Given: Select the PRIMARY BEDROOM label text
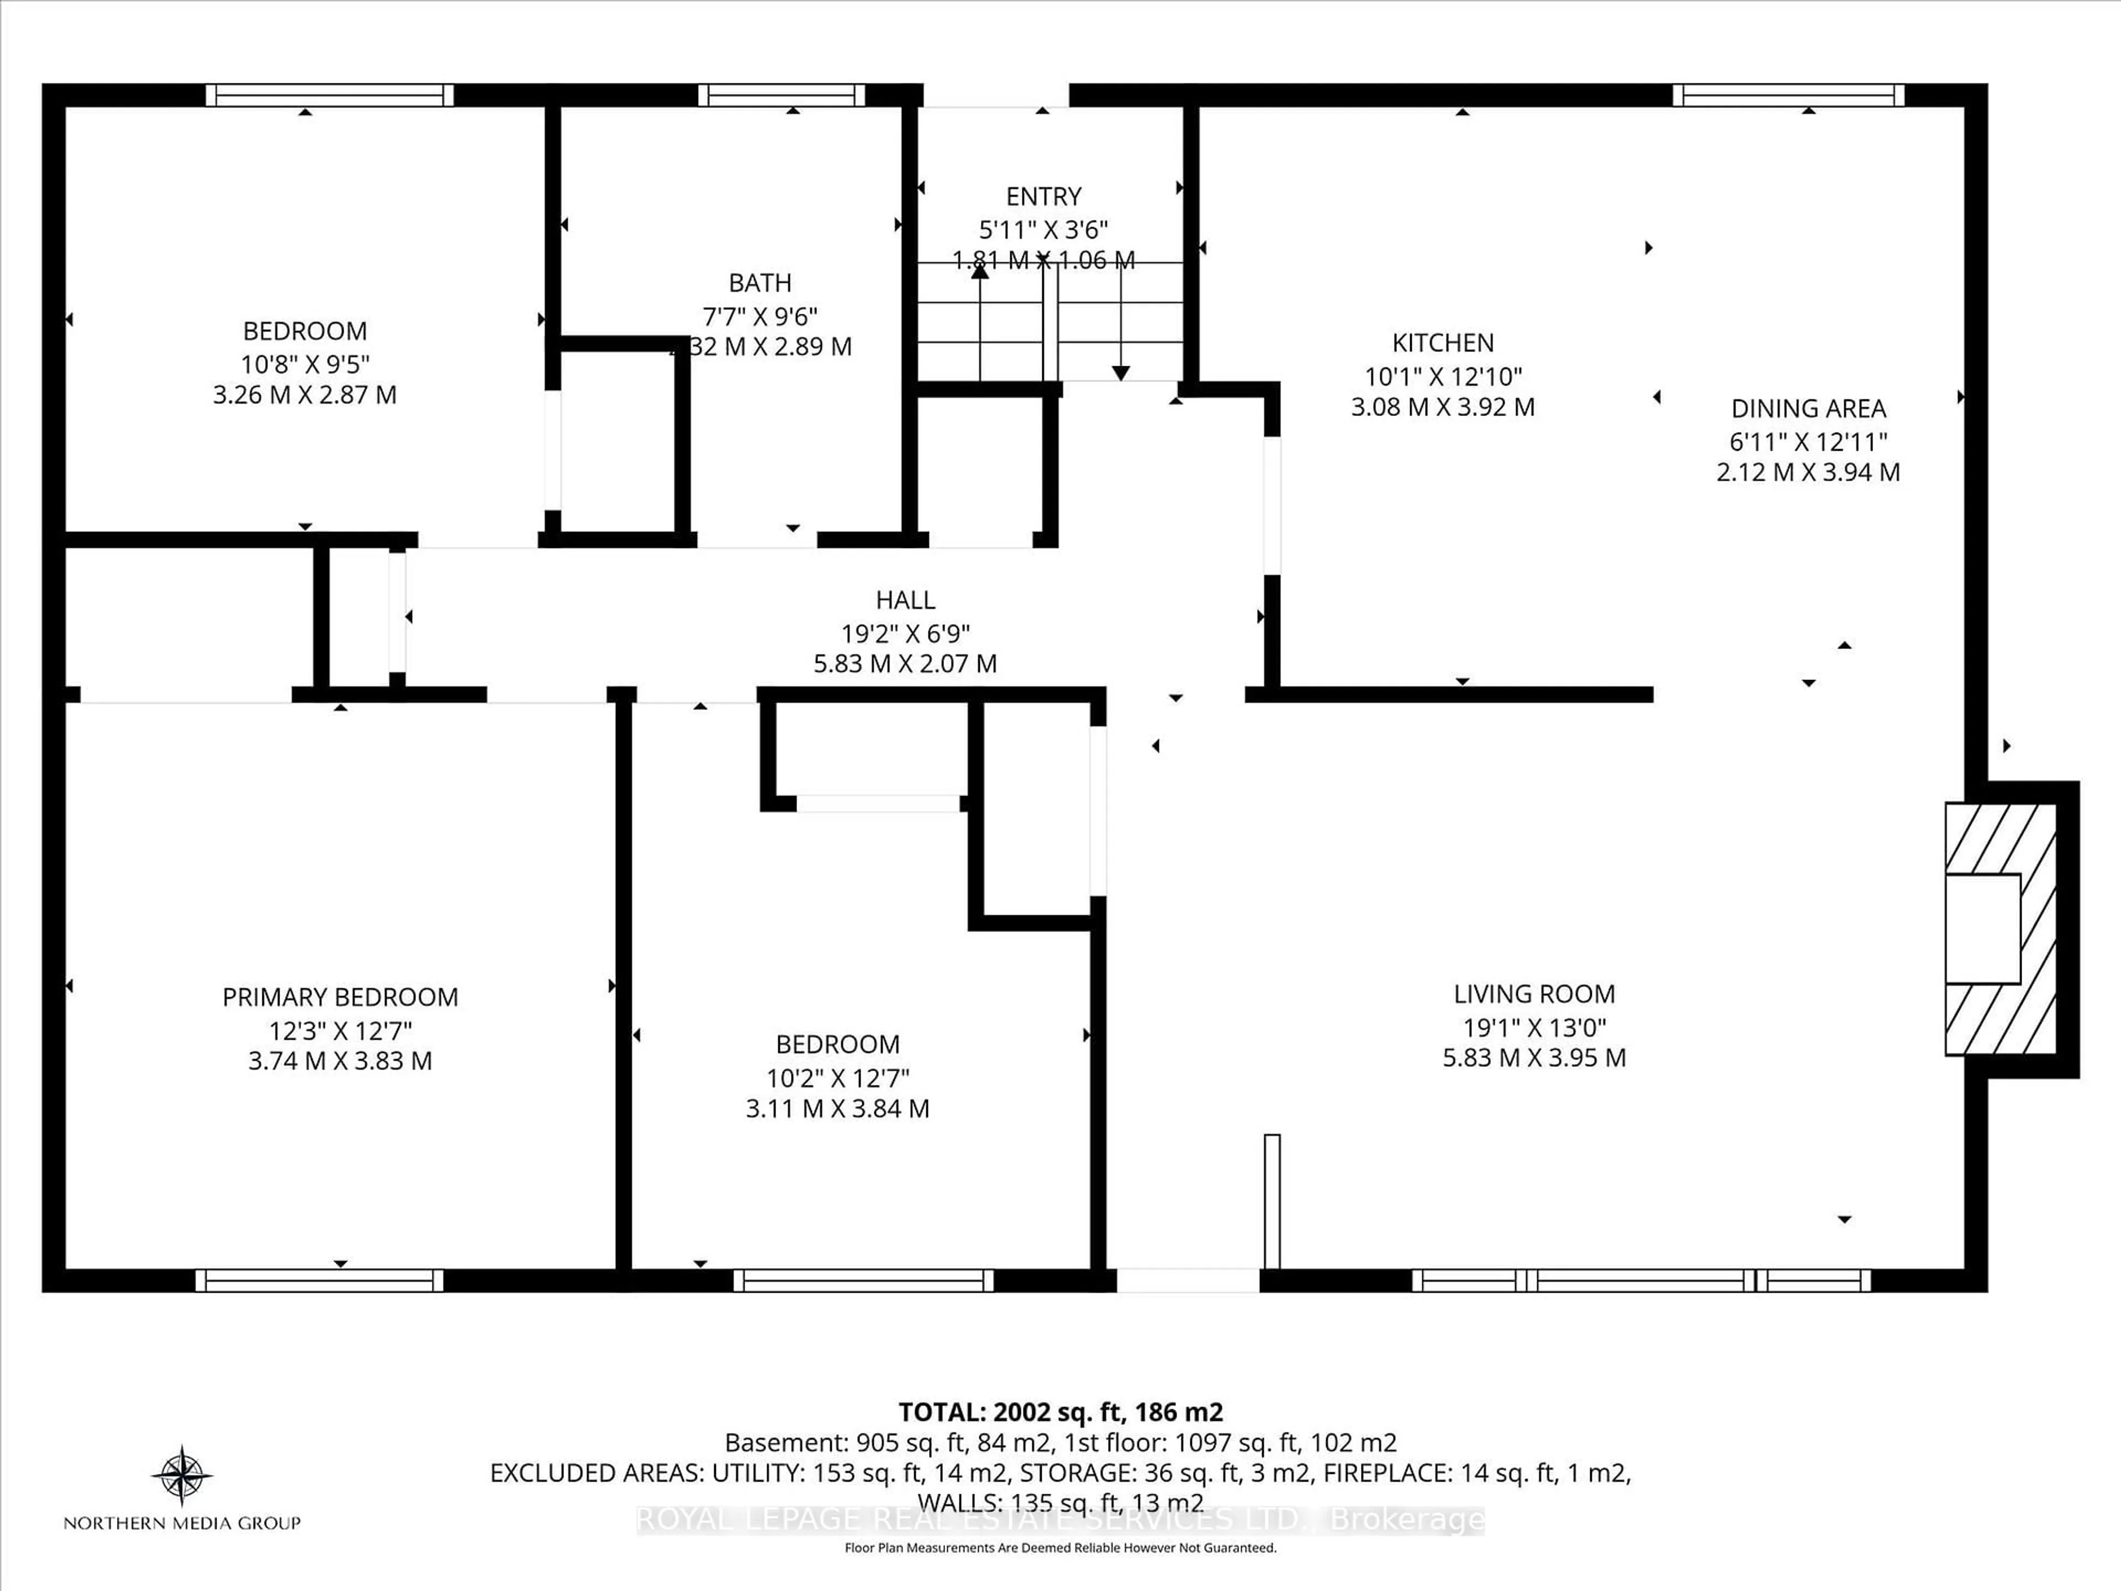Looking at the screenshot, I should pos(340,997).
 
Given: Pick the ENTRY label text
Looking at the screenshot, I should pos(1043,197).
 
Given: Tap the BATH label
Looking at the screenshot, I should pos(759,283).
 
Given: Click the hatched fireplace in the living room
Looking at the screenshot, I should pos(1999,928).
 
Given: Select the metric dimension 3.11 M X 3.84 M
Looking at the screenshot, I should pos(837,1109).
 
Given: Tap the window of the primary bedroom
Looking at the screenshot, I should pos(319,1281).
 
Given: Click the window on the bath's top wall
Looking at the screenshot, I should pos(780,95).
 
